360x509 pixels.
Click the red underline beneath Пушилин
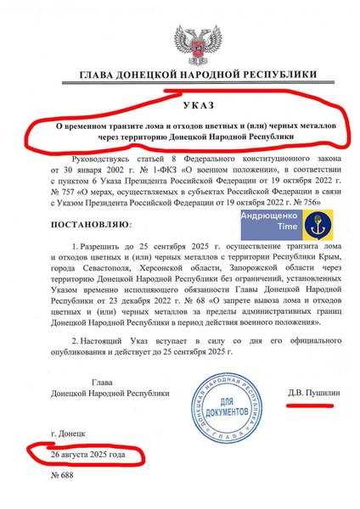tap(308, 405)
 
